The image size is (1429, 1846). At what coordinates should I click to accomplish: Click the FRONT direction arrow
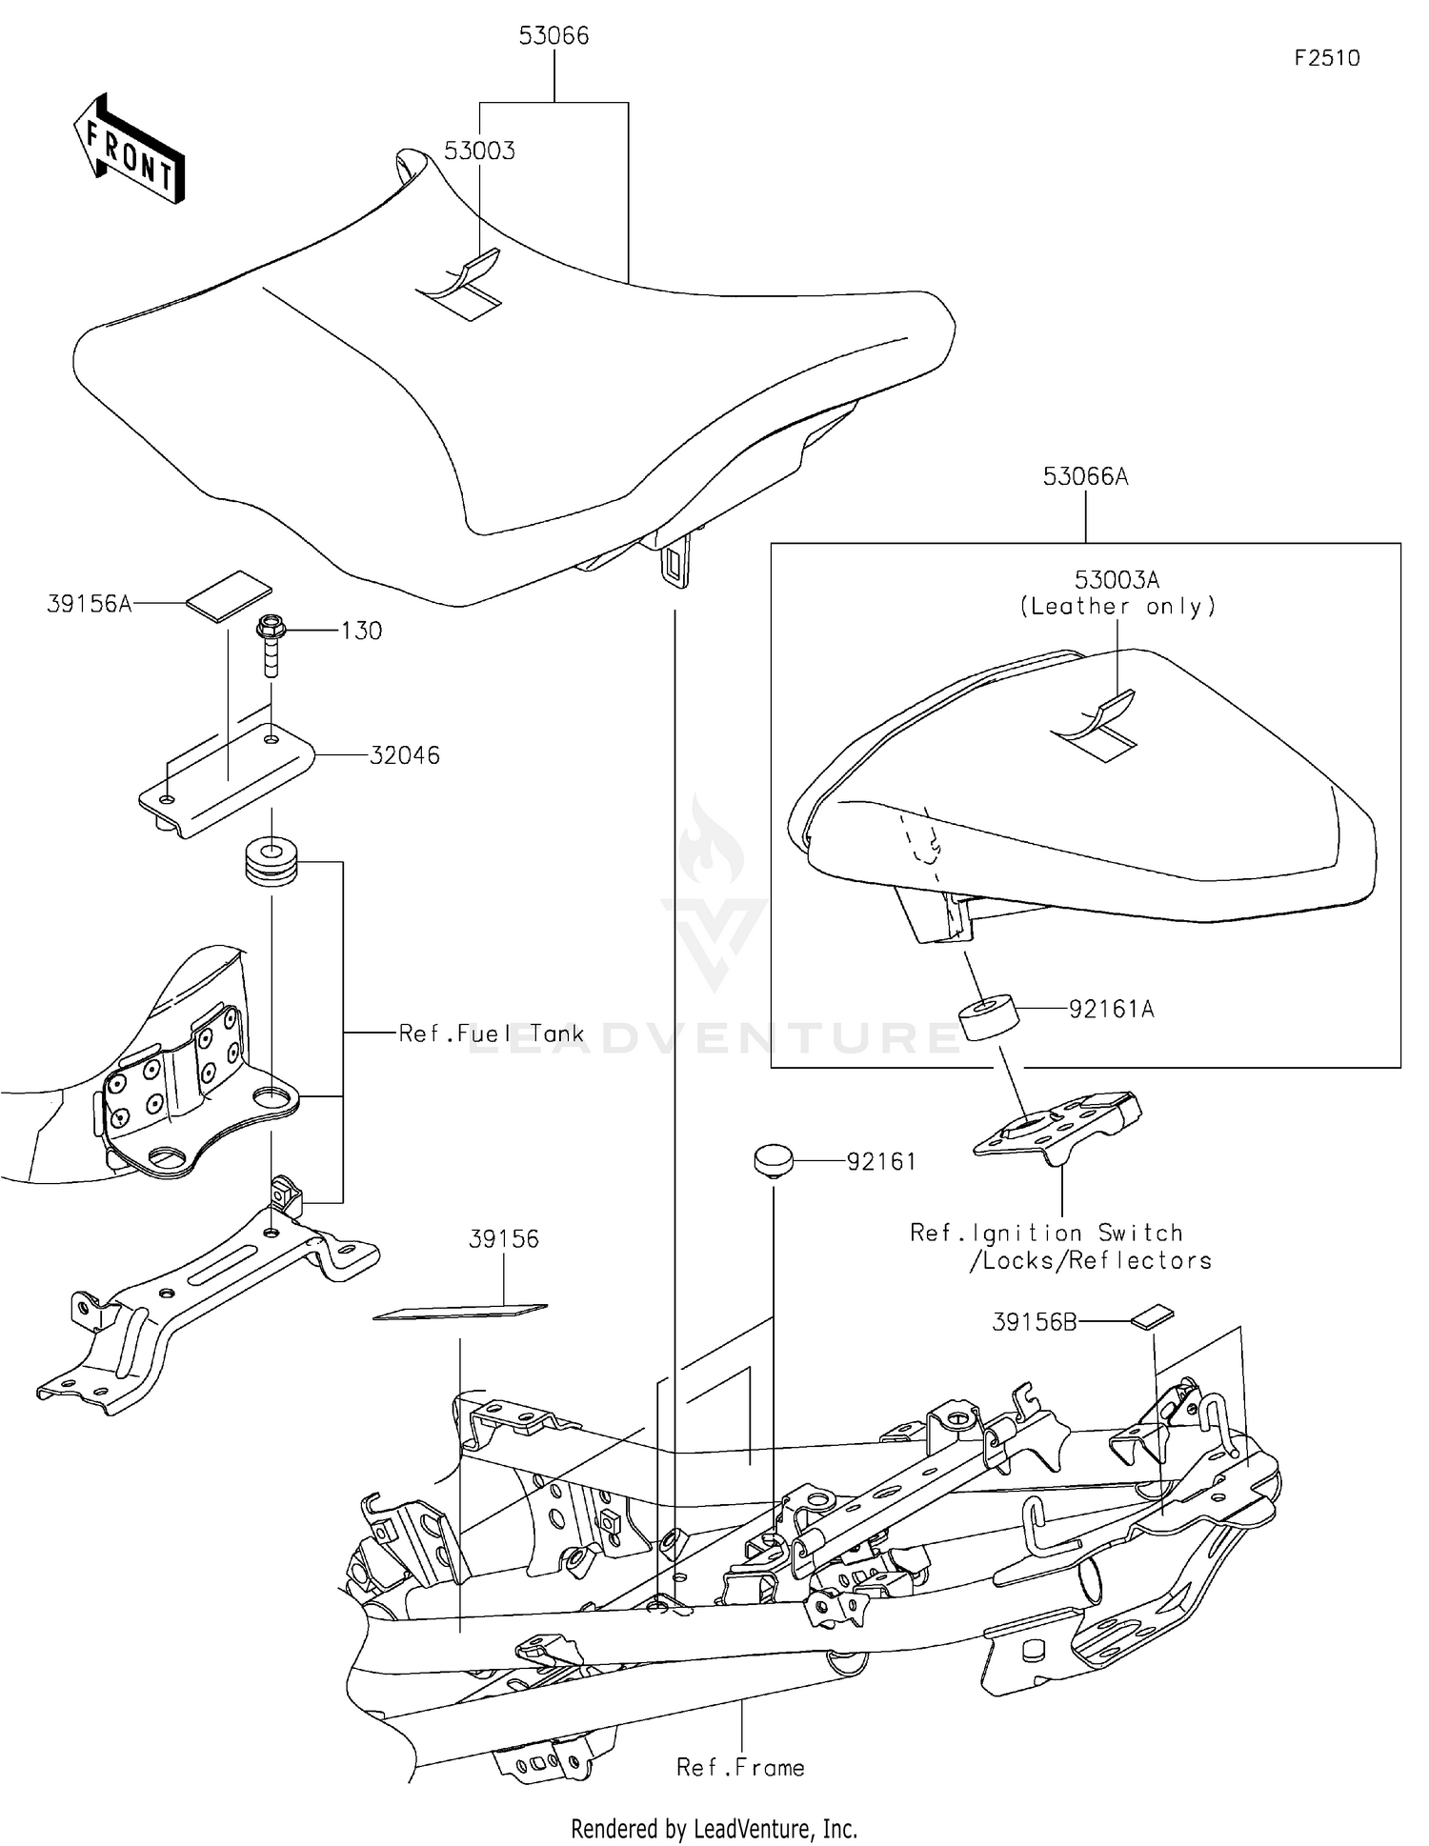pos(129,150)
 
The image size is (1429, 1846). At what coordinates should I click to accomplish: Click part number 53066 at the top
pos(553,36)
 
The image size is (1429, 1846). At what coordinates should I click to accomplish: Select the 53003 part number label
pos(479,150)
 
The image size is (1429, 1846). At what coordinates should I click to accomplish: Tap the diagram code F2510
pos(1326,58)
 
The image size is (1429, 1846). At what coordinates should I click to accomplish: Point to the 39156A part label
pos(89,604)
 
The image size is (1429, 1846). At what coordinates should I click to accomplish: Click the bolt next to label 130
pos(272,646)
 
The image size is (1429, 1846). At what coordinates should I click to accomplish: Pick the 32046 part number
pos(405,755)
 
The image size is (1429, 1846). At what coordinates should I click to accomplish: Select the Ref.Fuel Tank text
pos(491,1033)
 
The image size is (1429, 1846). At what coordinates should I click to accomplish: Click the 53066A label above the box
pos(1085,476)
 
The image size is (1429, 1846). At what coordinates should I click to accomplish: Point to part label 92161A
pos(1111,1009)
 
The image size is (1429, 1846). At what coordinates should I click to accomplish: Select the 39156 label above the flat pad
pos(503,1239)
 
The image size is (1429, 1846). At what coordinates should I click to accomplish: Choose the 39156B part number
pos(1034,1322)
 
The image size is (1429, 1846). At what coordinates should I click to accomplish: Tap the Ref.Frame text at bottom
pos(740,1768)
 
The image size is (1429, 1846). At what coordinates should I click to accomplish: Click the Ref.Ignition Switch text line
pos(1046,1234)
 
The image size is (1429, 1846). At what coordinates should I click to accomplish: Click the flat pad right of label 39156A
pos(229,595)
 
